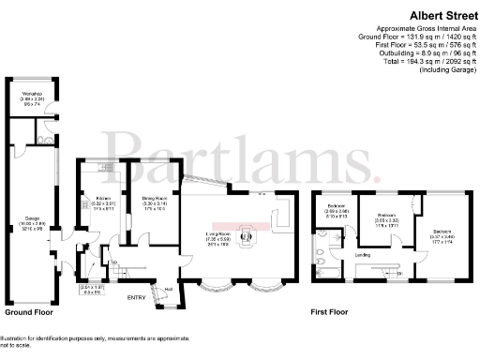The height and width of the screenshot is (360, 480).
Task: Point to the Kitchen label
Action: pos(103,199)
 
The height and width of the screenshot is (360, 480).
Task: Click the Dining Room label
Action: pos(155,199)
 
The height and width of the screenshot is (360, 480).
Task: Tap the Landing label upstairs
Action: pos(361,252)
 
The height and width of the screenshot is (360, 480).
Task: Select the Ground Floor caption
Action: pos(29,311)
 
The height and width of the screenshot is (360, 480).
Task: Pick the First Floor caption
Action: pos(330,311)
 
